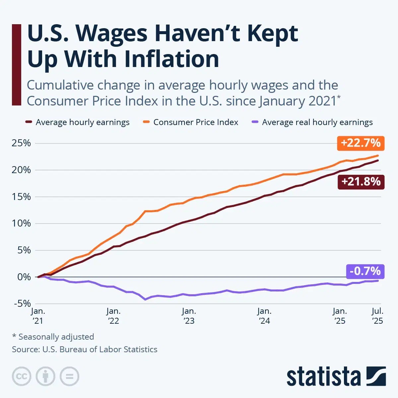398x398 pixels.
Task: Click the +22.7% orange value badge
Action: (361, 143)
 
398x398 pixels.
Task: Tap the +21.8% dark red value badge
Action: (361, 182)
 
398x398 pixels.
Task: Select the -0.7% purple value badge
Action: (365, 271)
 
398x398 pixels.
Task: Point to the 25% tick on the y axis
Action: (21, 143)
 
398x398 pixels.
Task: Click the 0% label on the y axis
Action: (24, 277)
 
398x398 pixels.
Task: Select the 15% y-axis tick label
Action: (21, 197)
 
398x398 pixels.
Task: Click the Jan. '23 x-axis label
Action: (189, 316)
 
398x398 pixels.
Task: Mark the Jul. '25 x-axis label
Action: (377, 316)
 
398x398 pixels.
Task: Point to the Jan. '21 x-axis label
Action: (38, 316)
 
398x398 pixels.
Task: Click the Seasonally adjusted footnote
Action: (53, 337)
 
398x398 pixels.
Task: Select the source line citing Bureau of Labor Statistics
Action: (85, 349)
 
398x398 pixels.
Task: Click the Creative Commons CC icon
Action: (22, 376)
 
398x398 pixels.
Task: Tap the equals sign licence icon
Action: (69, 376)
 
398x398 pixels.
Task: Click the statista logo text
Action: (323, 377)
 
